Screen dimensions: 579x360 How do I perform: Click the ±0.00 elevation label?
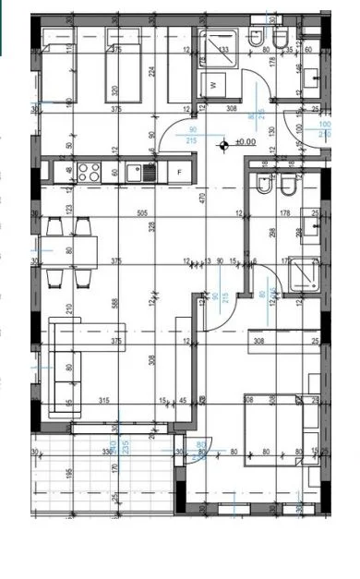pyautogui.click(x=246, y=142)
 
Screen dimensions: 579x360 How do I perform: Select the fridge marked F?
pyautogui.click(x=179, y=172)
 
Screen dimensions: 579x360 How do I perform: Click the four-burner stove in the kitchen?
pyautogui.click(x=90, y=171)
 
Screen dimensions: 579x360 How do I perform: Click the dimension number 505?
pyautogui.click(x=116, y=212)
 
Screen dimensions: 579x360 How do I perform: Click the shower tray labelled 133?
pyautogui.click(x=222, y=52)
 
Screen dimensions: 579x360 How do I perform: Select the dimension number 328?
pyautogui.click(x=151, y=225)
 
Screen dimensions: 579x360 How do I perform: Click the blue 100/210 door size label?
pyautogui.click(x=323, y=128)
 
